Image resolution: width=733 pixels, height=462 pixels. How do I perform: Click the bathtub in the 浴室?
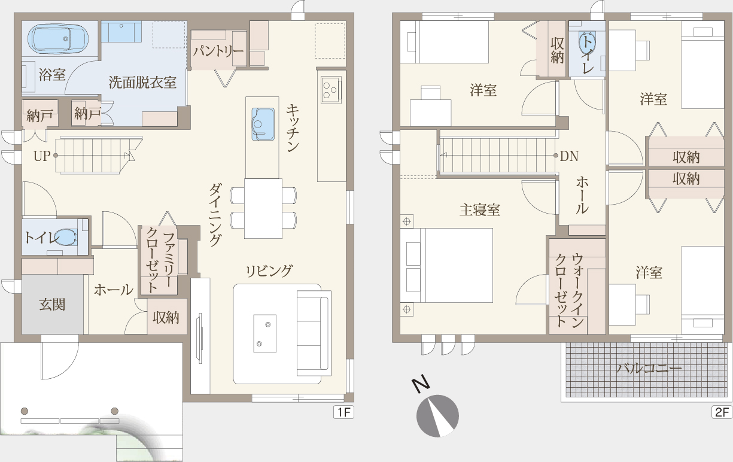click(x=58, y=39)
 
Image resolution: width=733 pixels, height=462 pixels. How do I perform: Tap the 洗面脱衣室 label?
click(x=142, y=83)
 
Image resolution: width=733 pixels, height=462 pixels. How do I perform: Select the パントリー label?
click(x=218, y=51)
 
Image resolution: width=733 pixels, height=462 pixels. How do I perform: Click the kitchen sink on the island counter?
click(x=263, y=124)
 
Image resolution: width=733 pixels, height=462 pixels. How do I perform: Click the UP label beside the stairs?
click(x=42, y=156)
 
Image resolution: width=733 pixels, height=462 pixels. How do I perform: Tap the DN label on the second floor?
click(x=569, y=156)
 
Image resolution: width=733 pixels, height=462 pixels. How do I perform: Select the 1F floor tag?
click(x=343, y=412)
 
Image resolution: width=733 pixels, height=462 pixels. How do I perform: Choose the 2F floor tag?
click(x=722, y=412)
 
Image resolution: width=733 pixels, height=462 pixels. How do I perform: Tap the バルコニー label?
click(x=649, y=369)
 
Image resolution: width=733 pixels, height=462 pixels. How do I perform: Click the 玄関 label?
click(x=53, y=305)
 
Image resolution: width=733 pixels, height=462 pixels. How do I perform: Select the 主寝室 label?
click(x=480, y=209)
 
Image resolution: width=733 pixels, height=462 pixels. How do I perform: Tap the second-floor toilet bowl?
click(x=587, y=45)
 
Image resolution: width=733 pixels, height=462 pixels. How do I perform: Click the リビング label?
click(x=269, y=271)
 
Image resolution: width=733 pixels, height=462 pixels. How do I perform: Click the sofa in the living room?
click(x=314, y=333)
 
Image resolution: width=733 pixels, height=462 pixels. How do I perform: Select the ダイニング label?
click(x=215, y=215)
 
